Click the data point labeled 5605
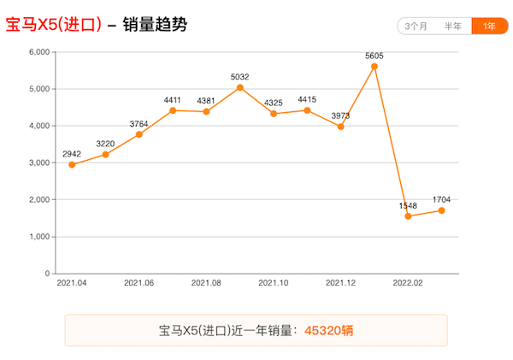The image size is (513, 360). click(x=374, y=66)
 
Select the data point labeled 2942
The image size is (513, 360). click(x=72, y=164)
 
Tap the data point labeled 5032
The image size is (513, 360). click(x=240, y=87)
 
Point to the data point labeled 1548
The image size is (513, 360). click(x=408, y=216)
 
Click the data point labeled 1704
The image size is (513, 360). click(x=441, y=210)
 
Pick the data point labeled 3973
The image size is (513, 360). click(x=341, y=127)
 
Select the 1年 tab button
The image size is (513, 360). click(x=488, y=26)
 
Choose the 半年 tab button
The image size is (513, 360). click(x=453, y=26)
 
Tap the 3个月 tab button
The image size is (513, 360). click(x=417, y=26)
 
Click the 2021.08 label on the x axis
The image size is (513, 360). click(x=206, y=282)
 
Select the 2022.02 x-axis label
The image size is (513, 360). click(x=408, y=282)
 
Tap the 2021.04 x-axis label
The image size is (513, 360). click(x=72, y=282)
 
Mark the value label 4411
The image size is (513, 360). click(x=173, y=100)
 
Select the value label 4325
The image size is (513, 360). click(x=274, y=103)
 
